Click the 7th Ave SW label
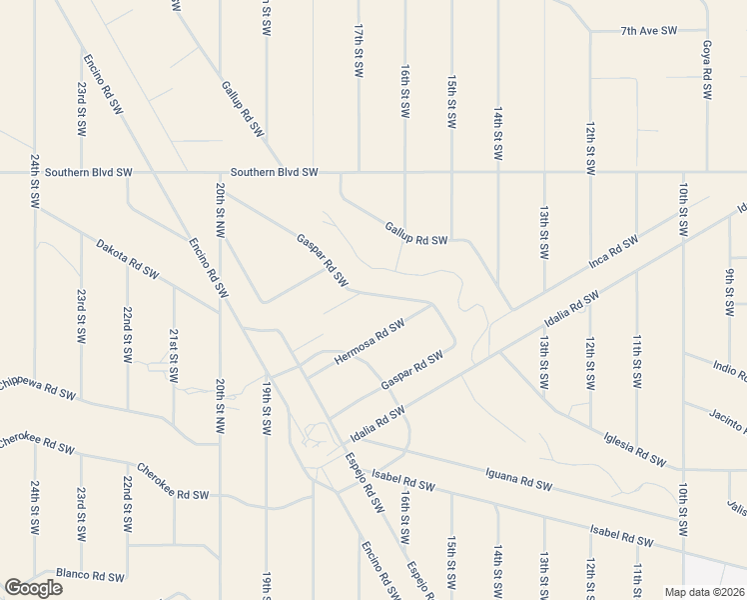[x=648, y=31]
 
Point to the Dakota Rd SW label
[x=127, y=258]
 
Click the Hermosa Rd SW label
[x=369, y=341]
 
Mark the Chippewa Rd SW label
[x=37, y=387]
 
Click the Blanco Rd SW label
[x=90, y=577]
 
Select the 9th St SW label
[x=731, y=284]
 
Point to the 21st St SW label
[x=174, y=355]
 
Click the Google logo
[x=33, y=588]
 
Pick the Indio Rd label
[x=729, y=369]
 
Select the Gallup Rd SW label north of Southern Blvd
[x=243, y=109]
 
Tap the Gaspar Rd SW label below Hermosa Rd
[x=411, y=372]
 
